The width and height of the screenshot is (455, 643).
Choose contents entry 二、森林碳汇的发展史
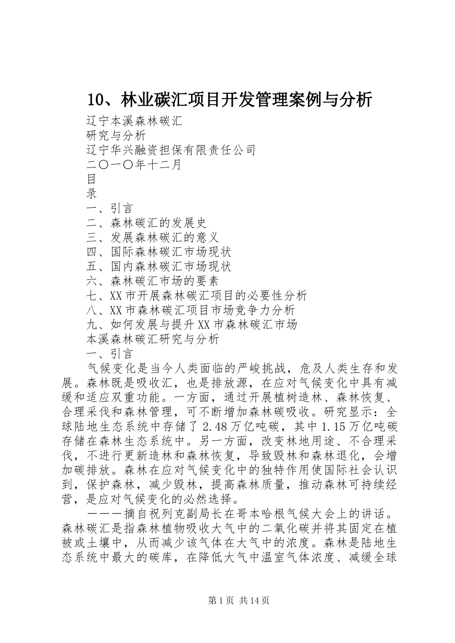[146, 223]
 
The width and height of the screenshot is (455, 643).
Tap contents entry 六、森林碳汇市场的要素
[152, 281]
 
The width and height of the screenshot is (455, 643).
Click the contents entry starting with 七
[196, 296]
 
